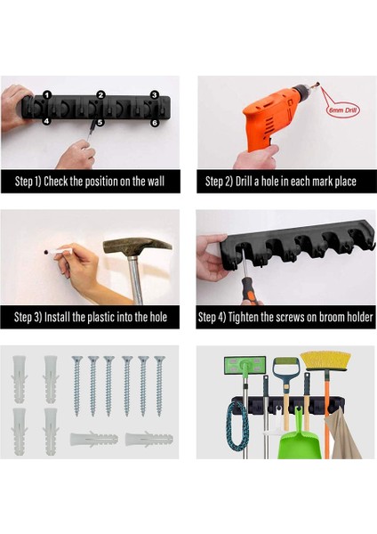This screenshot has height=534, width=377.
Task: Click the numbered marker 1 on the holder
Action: point(47,95)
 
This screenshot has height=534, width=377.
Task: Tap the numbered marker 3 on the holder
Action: point(155,95)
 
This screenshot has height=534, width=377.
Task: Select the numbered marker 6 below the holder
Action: point(155,123)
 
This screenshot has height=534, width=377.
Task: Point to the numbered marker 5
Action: point(100,122)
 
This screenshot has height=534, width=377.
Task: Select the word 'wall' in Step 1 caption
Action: point(156,182)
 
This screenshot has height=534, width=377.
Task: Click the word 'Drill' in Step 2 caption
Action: point(244,182)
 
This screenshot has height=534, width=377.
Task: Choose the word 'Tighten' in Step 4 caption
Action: point(244,317)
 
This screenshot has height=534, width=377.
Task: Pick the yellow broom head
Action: point(325,361)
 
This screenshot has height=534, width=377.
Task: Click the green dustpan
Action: point(301,440)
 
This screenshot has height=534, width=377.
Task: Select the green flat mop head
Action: point(245,365)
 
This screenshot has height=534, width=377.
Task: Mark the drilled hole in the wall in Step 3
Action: point(45,252)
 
